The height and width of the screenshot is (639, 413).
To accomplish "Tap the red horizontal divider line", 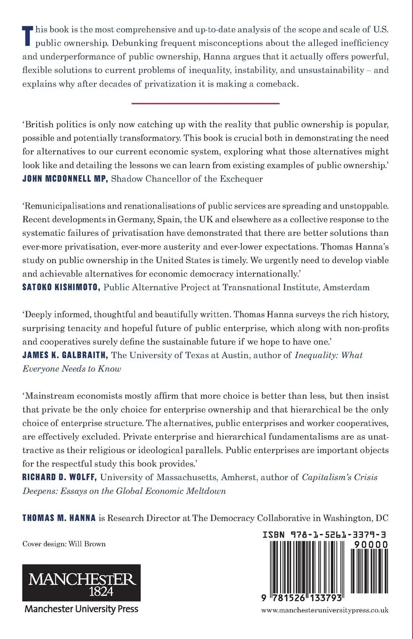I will [206, 103].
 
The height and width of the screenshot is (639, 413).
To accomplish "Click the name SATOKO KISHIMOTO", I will [61, 288].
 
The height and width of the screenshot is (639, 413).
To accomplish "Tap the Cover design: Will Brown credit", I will [64, 544].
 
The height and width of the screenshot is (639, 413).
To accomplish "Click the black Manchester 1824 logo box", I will [81, 582].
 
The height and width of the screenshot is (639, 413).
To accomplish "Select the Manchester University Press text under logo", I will [81, 609].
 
